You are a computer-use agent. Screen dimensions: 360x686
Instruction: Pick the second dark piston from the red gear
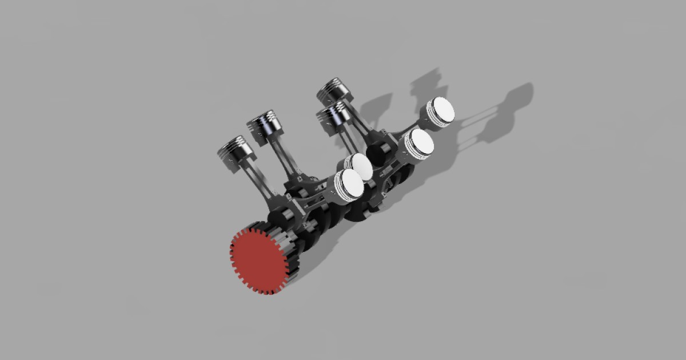(264, 124)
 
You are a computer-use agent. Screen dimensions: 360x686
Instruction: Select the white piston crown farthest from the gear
(442, 110)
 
